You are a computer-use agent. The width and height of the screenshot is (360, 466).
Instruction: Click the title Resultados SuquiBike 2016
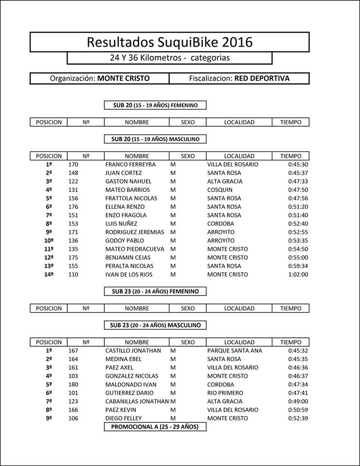click(169, 42)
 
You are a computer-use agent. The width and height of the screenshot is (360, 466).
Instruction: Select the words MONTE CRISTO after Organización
click(123, 78)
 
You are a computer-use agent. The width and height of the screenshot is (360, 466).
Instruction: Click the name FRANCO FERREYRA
click(130, 165)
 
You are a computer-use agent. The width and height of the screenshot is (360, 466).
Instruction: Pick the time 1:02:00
click(298, 275)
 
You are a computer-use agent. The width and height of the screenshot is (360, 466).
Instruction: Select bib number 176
click(73, 207)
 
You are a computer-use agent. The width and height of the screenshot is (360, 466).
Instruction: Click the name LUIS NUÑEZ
click(121, 224)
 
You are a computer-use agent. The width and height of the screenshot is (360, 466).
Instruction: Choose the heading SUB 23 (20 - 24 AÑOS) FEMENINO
click(155, 291)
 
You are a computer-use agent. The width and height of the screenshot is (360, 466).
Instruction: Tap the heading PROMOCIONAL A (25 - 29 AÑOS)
click(155, 427)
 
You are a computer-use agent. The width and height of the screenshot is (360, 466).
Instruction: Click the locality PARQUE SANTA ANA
click(234, 350)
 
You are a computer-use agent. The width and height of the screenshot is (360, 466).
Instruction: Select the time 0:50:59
click(298, 410)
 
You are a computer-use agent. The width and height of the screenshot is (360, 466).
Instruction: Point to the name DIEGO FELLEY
click(123, 418)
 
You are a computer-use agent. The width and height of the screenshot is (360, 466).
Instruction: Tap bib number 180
click(73, 384)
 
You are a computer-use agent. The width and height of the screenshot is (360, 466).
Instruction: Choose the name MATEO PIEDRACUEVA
click(134, 249)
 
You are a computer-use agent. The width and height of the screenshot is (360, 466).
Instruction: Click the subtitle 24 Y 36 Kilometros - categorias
click(169, 58)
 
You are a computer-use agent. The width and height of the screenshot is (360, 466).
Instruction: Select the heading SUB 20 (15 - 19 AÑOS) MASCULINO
click(155, 139)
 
